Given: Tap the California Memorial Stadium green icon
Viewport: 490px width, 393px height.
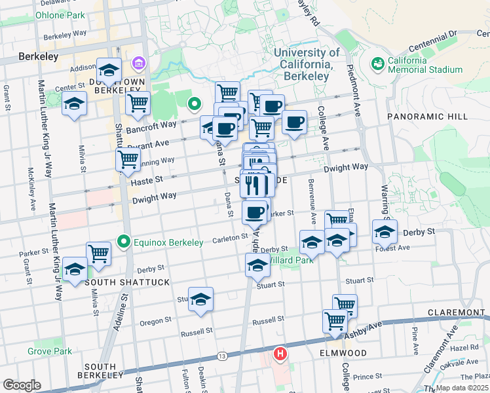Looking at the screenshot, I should [377, 64].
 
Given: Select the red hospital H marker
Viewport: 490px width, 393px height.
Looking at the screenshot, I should [280, 354].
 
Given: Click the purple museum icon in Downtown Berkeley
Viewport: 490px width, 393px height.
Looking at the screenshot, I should [139, 64].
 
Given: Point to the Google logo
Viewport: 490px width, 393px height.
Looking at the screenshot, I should [22, 385].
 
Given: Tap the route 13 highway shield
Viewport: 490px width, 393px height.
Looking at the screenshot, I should [223, 356].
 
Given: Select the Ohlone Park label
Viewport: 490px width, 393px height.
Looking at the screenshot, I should [60, 14].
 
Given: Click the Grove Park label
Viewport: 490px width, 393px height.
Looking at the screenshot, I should [50, 352].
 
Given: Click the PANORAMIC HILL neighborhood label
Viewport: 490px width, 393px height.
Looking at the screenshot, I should [428, 117].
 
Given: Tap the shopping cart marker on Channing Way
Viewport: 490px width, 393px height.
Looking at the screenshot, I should [128, 159].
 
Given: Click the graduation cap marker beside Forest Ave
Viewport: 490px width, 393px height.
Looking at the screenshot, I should [385, 231].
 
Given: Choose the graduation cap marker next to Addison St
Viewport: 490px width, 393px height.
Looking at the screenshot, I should [109, 70].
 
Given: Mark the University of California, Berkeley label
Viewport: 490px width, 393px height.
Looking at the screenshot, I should [307, 64].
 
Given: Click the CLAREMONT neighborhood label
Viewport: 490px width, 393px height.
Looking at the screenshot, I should [457, 312].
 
